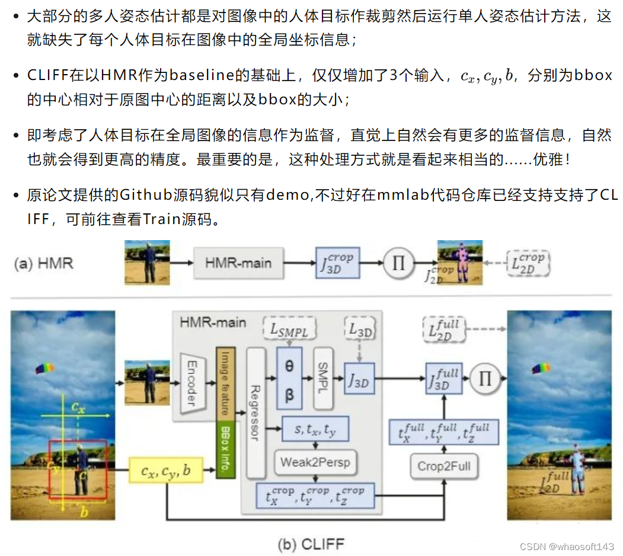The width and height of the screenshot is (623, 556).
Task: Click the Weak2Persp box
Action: point(315,462)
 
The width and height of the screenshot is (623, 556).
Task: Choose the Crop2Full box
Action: point(444,466)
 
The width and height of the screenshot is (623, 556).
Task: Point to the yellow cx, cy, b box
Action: point(166,471)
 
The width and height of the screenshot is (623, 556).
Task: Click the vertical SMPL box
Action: point(323,378)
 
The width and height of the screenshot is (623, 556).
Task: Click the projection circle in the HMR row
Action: point(398,262)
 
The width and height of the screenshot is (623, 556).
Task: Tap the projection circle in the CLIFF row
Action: point(485,378)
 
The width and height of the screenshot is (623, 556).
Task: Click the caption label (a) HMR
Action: point(44,263)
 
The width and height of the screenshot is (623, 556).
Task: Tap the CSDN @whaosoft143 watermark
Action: point(567,547)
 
